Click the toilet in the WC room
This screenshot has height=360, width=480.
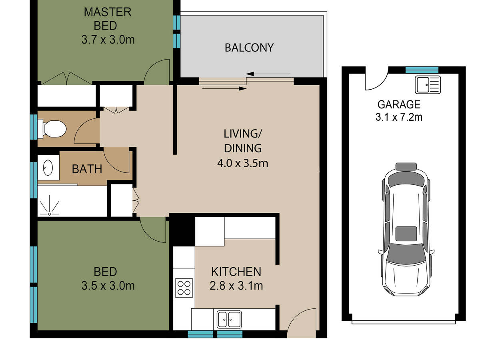(x=52, y=129)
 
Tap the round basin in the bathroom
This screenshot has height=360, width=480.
(x=48, y=168)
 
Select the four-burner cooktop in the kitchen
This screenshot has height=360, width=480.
(x=184, y=288)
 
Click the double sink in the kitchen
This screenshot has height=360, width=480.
(x=229, y=320)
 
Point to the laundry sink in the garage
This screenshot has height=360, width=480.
(x=428, y=85)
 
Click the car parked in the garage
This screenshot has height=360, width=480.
(x=406, y=230)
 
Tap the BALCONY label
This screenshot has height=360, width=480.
(x=249, y=48)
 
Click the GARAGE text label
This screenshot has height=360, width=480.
(x=399, y=104)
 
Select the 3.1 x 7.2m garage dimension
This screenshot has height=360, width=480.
(x=399, y=117)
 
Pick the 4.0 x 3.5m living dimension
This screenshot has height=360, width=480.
(x=242, y=163)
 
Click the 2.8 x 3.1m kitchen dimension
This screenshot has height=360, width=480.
(x=236, y=286)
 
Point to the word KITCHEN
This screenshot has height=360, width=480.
(x=236, y=272)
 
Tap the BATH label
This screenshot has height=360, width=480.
(x=87, y=169)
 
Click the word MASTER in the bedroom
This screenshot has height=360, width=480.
(x=108, y=12)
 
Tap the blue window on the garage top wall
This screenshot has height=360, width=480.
(x=422, y=70)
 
